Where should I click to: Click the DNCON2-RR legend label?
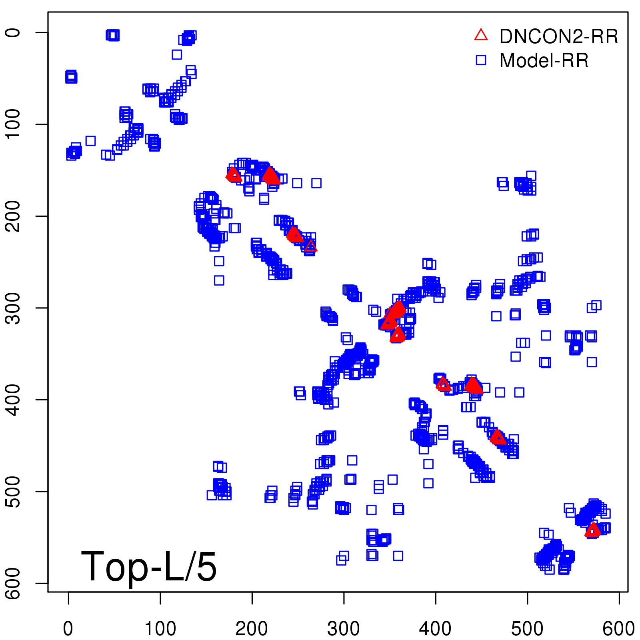[x=558, y=37]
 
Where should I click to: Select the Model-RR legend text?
[x=544, y=61]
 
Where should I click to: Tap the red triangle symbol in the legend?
[x=481, y=35]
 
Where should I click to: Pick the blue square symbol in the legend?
[x=481, y=60]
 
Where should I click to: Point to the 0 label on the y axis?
[x=14, y=32]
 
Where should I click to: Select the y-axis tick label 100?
[x=14, y=124]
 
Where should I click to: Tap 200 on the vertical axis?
[x=14, y=216]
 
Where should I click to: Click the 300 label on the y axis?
[x=14, y=308]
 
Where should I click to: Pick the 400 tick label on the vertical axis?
[x=14, y=400]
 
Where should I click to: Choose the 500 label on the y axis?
[x=14, y=491]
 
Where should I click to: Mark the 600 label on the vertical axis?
[x=14, y=583]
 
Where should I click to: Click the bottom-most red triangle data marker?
[x=592, y=530]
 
